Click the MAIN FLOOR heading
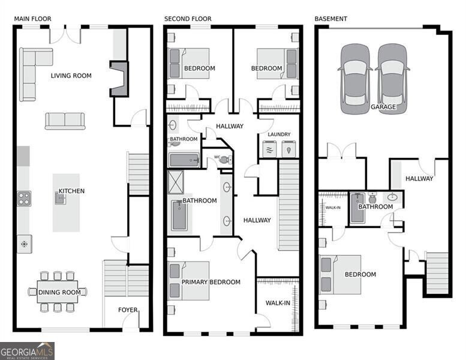tap(33, 19)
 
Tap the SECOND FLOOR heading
tap(188, 19)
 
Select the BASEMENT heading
tap(331, 19)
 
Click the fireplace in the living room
tap(119, 79)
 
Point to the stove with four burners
tap(24, 199)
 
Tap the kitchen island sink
tap(60, 198)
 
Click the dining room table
tap(58, 292)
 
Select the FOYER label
tap(128, 310)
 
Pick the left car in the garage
tap(355, 79)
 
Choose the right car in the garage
tap(392, 79)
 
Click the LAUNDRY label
tap(279, 134)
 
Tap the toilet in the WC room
tap(226, 160)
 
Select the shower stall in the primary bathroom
tap(176, 182)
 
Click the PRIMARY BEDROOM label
tap(211, 282)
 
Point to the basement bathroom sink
tap(393, 197)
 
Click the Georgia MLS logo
tap(27, 351)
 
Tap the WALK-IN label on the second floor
tap(278, 303)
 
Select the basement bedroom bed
tap(340, 274)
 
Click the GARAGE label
tap(383, 107)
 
